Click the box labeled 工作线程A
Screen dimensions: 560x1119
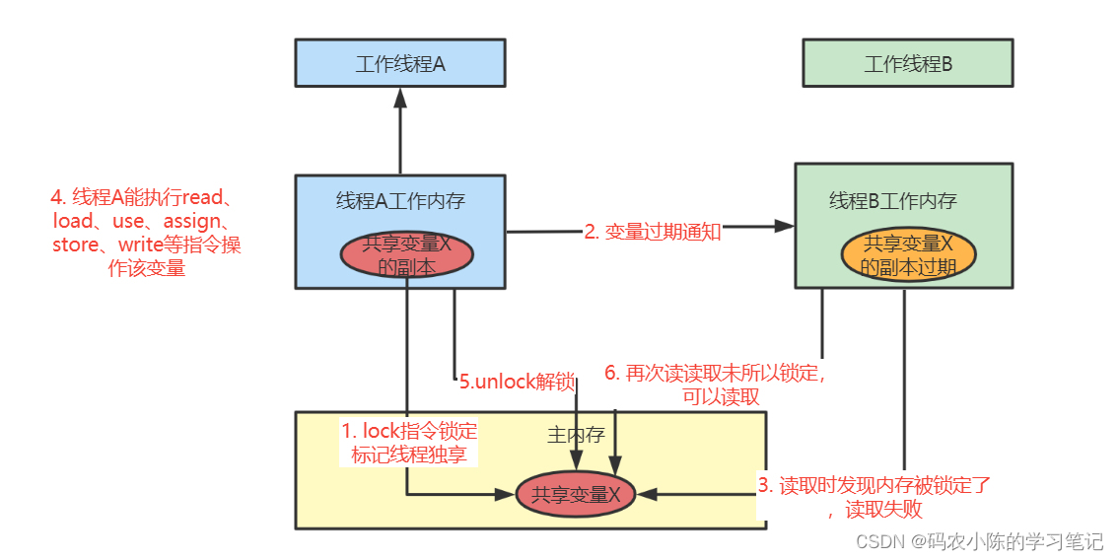click(x=400, y=64)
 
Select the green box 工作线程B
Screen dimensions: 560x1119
click(x=907, y=64)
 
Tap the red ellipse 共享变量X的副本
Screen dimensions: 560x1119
click(x=407, y=254)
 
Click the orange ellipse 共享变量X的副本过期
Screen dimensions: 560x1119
click(x=908, y=254)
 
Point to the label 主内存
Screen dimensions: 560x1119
click(x=576, y=434)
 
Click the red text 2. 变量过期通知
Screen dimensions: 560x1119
click(x=653, y=232)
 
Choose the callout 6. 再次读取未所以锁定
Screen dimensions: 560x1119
click(x=714, y=385)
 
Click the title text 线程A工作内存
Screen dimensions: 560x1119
click(x=400, y=201)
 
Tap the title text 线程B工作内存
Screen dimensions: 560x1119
click(x=892, y=201)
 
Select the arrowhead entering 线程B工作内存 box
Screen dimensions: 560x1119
click(x=785, y=226)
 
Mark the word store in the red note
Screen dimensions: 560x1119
click(x=78, y=245)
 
